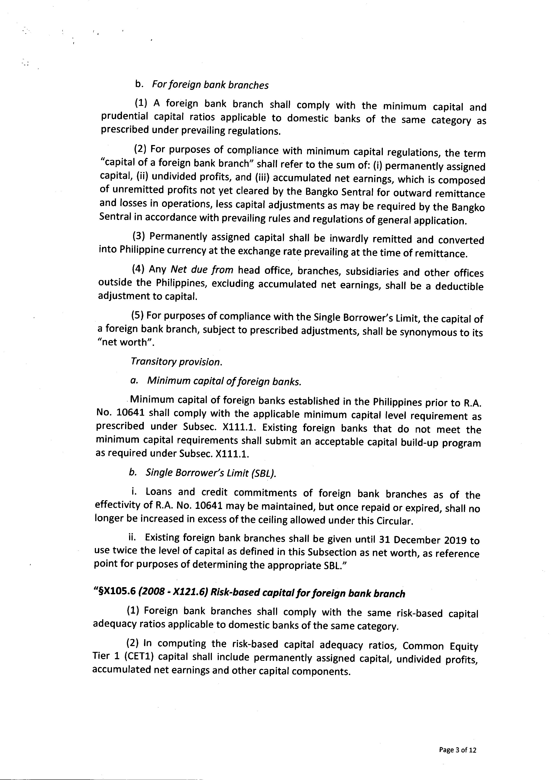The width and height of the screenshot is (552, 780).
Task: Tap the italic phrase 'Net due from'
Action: pyautogui.click(x=202, y=270)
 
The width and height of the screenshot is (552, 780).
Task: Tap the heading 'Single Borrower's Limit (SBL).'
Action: pyautogui.click(x=211, y=473)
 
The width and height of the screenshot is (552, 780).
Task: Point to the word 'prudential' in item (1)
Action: pyautogui.click(x=124, y=117)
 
